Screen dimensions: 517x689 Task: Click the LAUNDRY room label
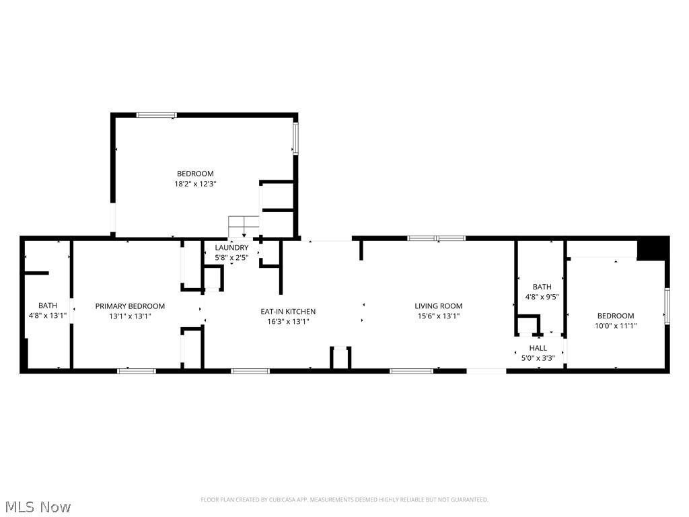231,248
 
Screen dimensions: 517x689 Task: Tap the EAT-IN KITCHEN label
288,312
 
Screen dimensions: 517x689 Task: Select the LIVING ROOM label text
438,306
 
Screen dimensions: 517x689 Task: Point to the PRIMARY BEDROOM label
130,306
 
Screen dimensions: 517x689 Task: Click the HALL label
538,348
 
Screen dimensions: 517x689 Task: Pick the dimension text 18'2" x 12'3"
195,183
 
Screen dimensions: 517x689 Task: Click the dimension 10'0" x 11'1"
616,325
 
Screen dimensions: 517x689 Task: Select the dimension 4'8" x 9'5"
542,296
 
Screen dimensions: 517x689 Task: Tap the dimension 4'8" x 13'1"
48,315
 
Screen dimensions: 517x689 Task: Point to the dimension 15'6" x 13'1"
438,316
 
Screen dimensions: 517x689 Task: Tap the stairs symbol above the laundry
244,226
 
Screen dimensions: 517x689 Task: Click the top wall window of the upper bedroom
157,115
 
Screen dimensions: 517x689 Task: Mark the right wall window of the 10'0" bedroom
667,306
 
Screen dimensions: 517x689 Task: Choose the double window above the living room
436,238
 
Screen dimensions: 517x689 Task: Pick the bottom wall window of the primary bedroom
137,370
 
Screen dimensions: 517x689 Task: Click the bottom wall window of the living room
411,370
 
